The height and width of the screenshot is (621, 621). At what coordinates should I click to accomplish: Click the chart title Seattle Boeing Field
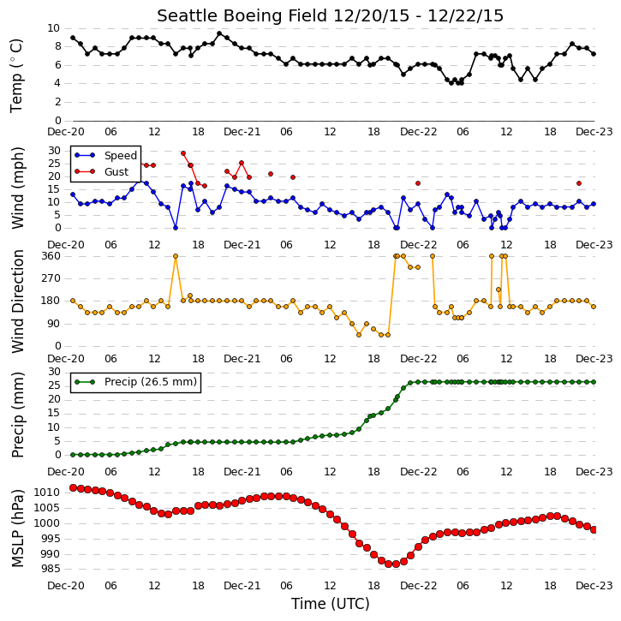pos(242,15)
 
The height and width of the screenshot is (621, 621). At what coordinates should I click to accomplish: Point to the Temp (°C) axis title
pos(16,75)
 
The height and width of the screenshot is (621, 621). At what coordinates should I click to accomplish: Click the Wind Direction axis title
pos(17,302)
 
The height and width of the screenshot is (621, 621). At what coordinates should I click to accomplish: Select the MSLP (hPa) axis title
pos(17,528)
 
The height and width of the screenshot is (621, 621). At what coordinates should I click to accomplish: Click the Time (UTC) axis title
pos(331,604)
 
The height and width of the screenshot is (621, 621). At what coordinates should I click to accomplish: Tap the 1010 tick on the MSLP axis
pos(47,493)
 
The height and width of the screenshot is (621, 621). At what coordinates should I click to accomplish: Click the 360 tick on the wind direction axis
pos(51,256)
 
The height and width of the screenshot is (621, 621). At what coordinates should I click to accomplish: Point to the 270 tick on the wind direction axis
pos(51,278)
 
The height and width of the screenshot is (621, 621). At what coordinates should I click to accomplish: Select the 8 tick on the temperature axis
pos(57,46)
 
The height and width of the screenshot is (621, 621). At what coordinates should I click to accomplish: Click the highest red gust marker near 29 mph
pos(183,153)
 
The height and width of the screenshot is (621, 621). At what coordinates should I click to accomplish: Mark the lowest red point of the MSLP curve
pos(396,564)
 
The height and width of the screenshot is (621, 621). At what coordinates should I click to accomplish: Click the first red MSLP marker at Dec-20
pos(73,488)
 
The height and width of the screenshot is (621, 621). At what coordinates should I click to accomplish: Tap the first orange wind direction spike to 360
pos(176,256)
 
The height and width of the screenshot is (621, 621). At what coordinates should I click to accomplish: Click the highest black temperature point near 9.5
pos(219,33)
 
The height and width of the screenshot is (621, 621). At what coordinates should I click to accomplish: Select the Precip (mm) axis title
pos(17,415)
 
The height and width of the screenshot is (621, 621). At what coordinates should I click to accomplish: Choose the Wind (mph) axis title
pos(17,188)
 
